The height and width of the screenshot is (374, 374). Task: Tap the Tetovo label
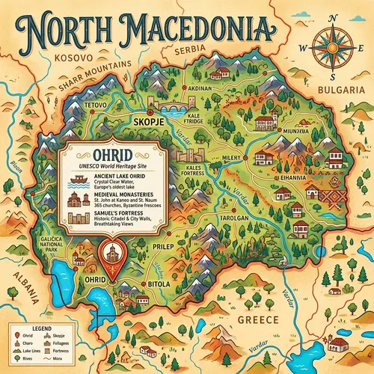point(96,105)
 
